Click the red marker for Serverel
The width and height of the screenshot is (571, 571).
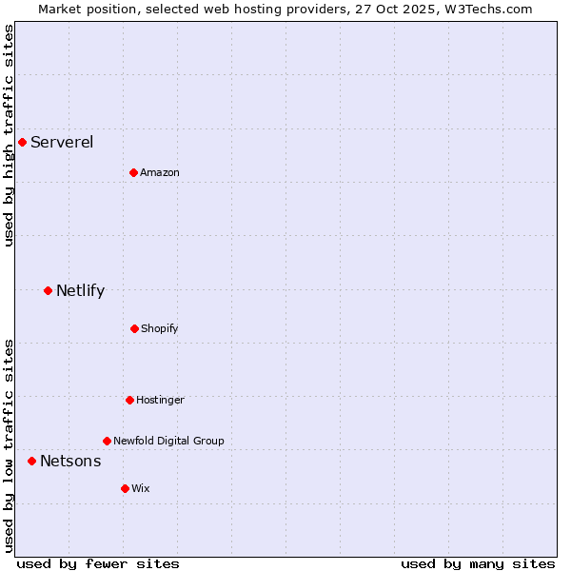(x=22, y=142)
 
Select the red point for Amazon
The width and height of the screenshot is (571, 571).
(x=133, y=172)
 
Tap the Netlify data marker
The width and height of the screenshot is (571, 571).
(x=48, y=290)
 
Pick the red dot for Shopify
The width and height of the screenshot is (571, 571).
(x=134, y=328)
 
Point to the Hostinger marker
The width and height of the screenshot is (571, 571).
(x=129, y=400)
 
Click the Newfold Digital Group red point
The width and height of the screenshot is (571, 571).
(x=107, y=441)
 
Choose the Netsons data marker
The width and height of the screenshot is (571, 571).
(x=31, y=461)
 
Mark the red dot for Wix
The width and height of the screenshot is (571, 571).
(x=125, y=488)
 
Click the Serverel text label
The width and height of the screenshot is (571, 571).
(x=62, y=143)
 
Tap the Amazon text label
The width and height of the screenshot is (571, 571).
(x=160, y=173)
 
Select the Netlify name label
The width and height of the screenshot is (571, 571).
(x=80, y=291)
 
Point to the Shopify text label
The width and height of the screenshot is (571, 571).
(x=159, y=329)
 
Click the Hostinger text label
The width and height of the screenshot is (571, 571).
(x=160, y=401)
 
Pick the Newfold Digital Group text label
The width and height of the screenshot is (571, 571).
(x=168, y=442)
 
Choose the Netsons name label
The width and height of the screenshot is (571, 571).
(x=70, y=462)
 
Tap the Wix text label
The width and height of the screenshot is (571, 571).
(x=141, y=489)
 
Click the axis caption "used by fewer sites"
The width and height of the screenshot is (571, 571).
(x=98, y=563)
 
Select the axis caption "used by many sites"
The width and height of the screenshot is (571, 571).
(x=478, y=563)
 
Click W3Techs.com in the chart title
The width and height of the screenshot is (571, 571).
(x=488, y=9)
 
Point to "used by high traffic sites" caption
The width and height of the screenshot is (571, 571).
(x=9, y=135)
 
